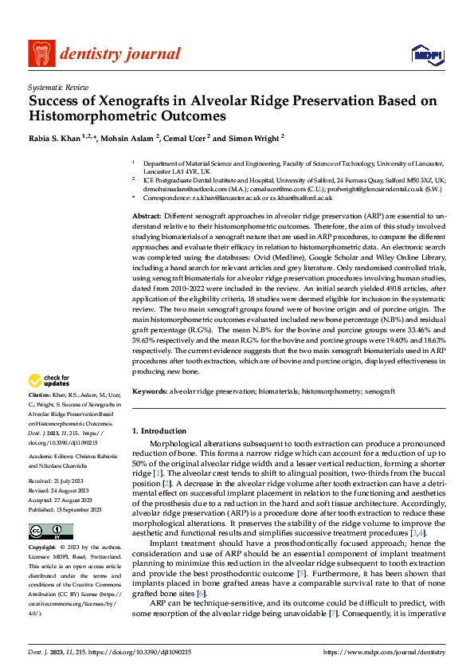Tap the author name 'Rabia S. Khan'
tap(54, 137)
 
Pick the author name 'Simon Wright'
tap(253, 137)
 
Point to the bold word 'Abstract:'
tap(147, 217)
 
